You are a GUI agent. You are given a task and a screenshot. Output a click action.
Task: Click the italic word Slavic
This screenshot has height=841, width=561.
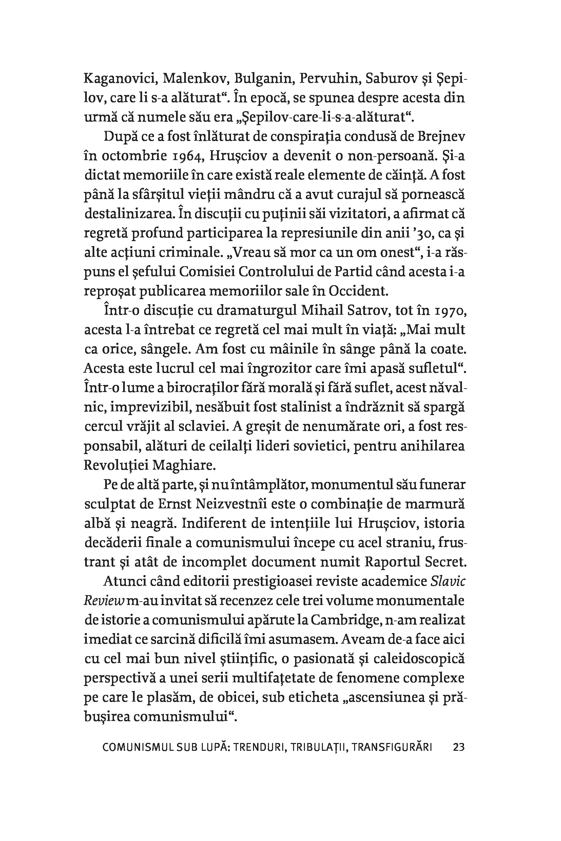(448, 581)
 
